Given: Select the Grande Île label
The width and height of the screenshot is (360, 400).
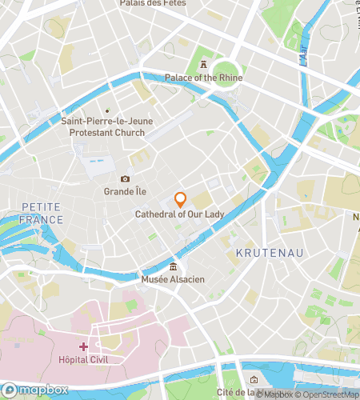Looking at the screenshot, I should point(125,191).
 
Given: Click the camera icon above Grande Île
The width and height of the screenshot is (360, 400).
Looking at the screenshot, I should point(125,179).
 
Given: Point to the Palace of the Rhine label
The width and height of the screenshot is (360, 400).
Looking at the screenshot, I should point(203,78).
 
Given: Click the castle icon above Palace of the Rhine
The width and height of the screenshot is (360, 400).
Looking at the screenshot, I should point(203,64).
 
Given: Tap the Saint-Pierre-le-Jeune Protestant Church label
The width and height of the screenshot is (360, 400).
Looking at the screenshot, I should point(103,126).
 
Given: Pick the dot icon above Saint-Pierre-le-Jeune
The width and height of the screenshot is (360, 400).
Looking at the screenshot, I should point(106,110).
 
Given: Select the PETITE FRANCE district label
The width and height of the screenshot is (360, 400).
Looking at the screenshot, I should point(42,213).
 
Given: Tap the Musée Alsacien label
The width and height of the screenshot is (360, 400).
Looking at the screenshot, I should point(174,279).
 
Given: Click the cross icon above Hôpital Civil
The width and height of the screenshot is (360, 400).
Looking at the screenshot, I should point(83,346).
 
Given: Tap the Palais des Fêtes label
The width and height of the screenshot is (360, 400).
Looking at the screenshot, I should point(176,3).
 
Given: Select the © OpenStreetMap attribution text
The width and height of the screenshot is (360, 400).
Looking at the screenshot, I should point(328,394).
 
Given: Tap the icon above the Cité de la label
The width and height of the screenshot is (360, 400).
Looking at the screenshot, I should point(254,379).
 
